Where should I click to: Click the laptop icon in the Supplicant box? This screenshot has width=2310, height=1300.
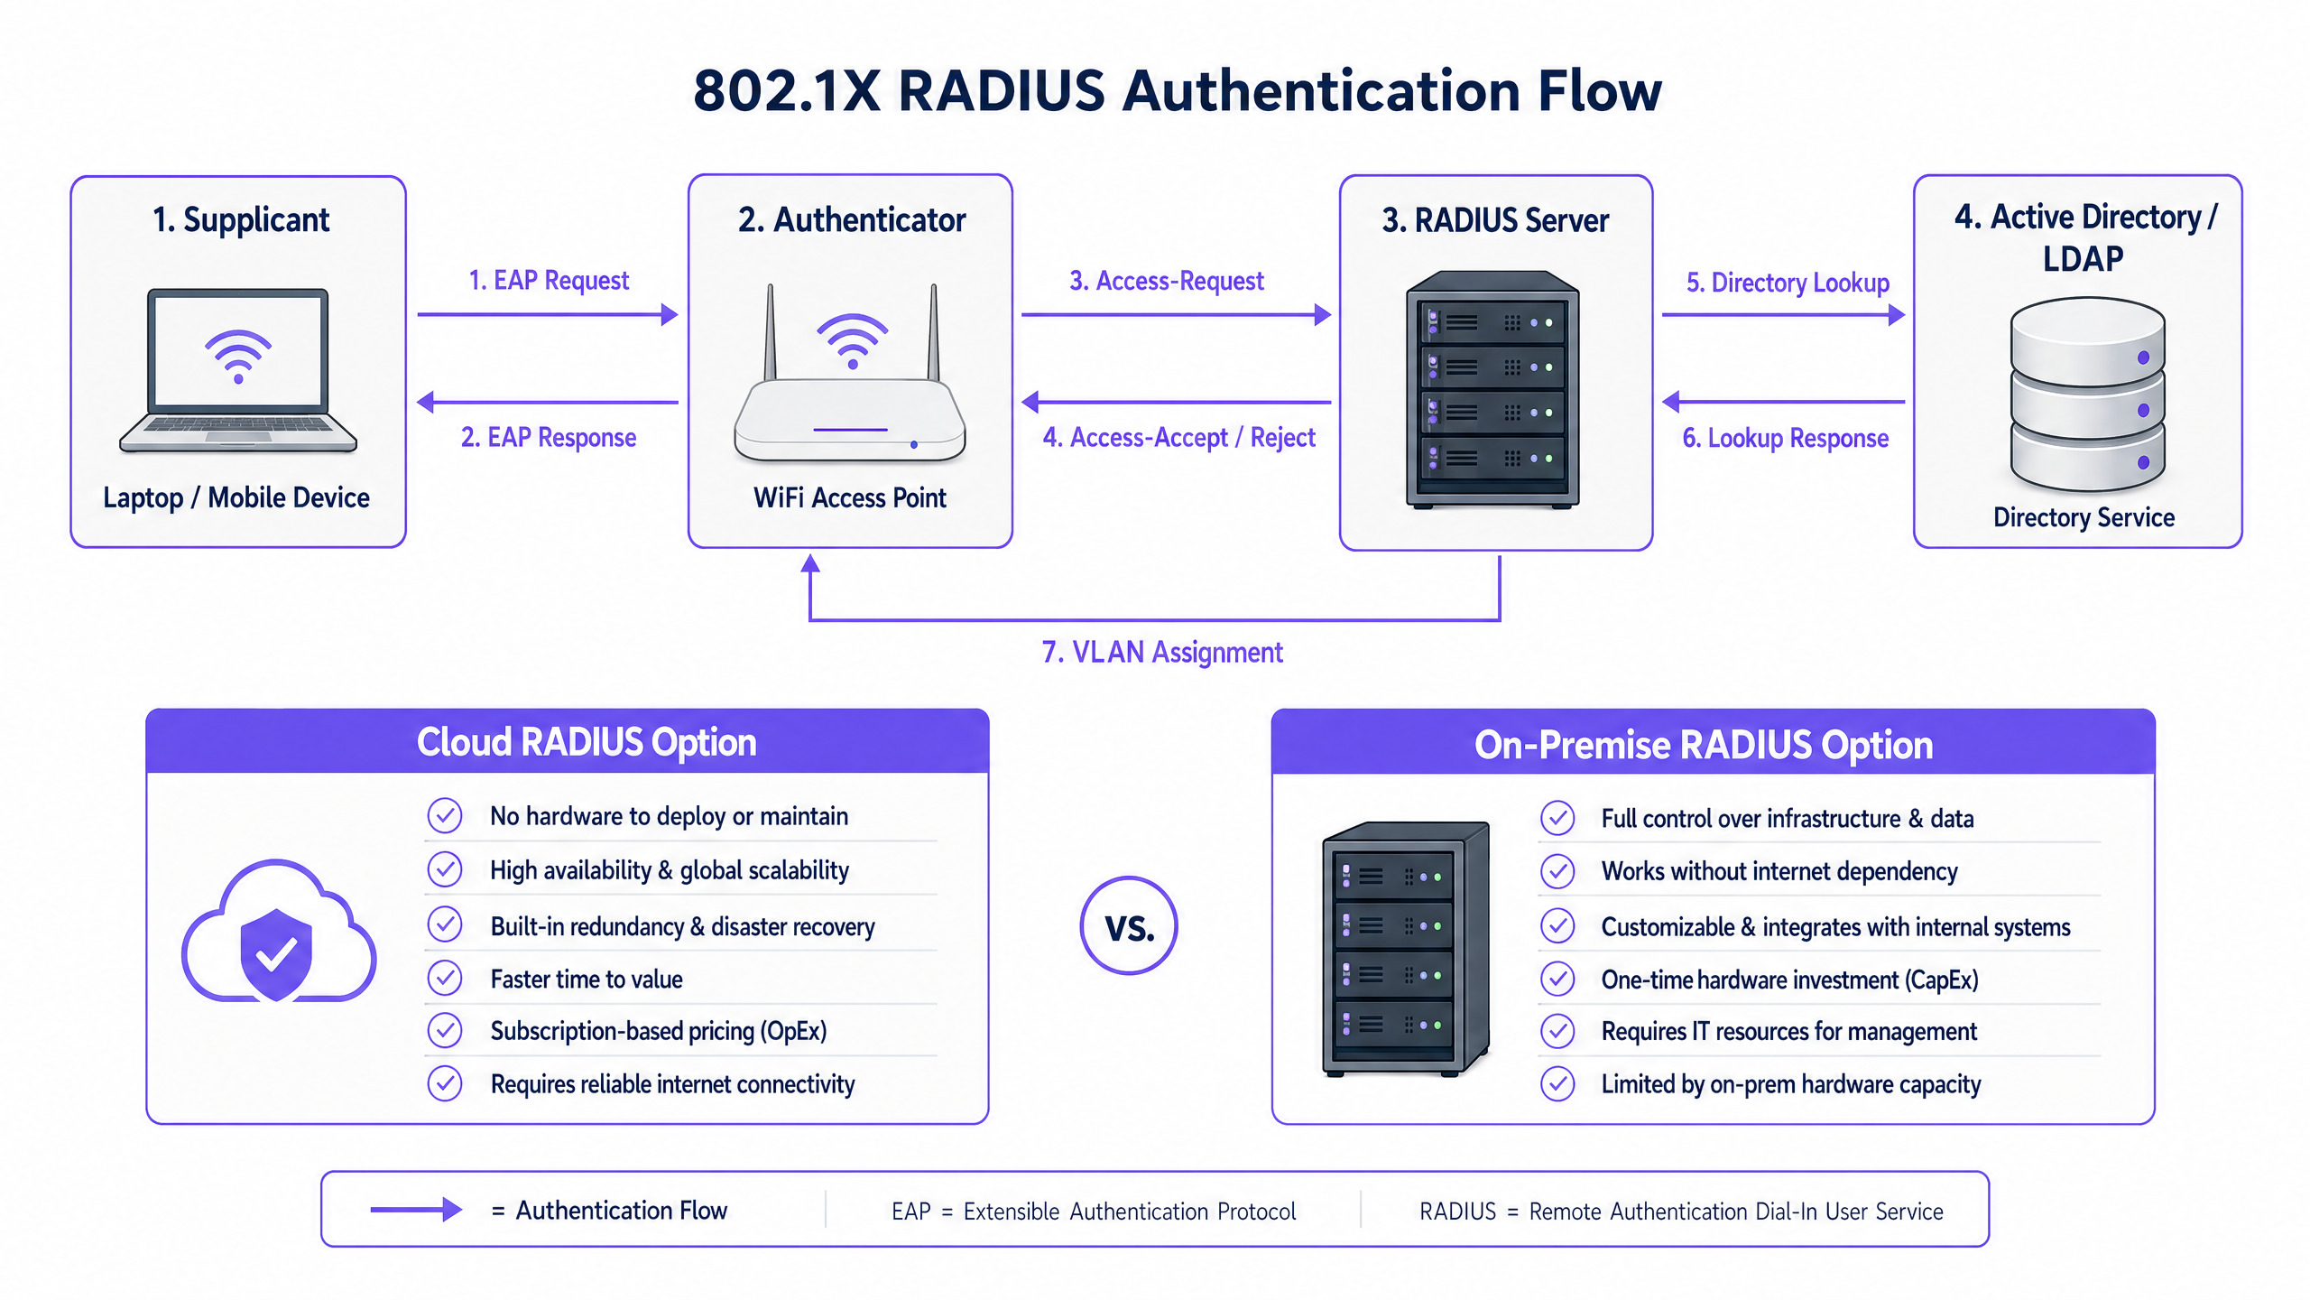tap(238, 370)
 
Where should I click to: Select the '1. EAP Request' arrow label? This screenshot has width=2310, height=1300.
tap(549, 281)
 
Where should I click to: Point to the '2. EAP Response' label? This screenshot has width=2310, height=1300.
tap(549, 438)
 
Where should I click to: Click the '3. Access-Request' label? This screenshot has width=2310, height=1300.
tap(1167, 282)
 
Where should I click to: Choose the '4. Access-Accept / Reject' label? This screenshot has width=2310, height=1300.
tap(1178, 438)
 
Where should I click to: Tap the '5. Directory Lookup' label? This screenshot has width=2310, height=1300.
tap(1788, 283)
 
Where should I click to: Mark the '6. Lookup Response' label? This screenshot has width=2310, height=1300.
tap(1785, 439)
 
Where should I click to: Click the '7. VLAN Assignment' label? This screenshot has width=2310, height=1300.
tap(1162, 652)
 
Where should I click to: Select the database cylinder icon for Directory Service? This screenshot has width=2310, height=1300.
tap(2087, 395)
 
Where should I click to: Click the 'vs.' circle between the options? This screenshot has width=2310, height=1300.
tap(1129, 926)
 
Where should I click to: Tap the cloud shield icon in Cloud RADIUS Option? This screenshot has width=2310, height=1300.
tap(278, 934)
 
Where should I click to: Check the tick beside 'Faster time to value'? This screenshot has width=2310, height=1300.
tap(445, 978)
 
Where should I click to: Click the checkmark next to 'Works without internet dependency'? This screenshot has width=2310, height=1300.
tap(1557, 871)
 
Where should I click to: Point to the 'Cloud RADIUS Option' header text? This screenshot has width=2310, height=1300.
tap(587, 742)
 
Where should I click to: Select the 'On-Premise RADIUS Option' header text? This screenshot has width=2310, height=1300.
tap(1704, 746)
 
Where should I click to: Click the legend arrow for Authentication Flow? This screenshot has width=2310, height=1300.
tap(416, 1210)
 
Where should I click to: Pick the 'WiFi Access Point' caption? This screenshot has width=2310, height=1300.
tap(850, 497)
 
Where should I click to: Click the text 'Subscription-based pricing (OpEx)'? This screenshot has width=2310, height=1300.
tap(659, 1031)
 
